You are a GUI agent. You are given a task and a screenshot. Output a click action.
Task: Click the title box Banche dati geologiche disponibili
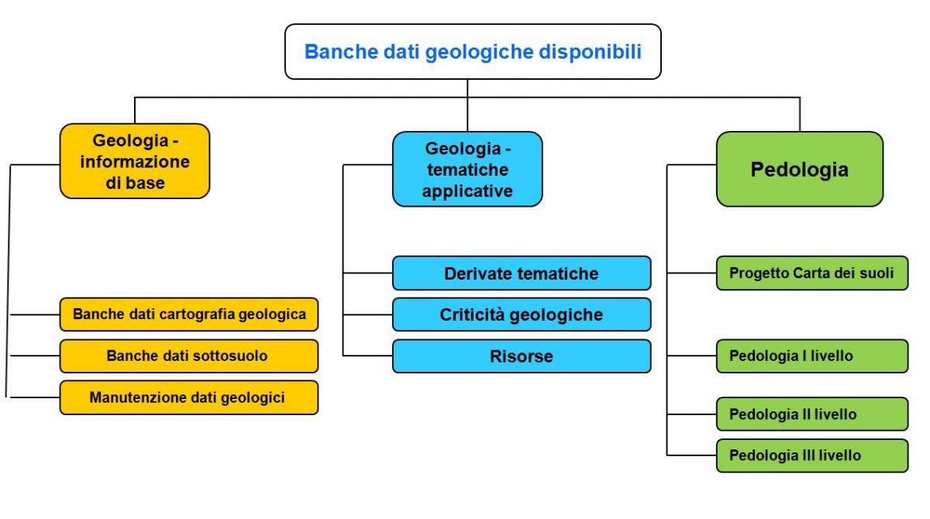point(473,51)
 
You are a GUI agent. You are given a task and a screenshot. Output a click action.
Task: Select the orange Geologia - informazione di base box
point(135,161)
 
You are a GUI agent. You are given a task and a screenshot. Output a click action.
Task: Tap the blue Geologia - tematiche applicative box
point(467,170)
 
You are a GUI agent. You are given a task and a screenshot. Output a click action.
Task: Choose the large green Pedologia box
point(800,170)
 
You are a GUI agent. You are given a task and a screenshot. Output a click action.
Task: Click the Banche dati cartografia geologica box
point(189,314)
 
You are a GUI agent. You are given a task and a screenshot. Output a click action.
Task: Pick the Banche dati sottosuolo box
point(189,356)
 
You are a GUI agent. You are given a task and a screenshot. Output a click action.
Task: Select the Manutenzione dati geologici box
point(189,397)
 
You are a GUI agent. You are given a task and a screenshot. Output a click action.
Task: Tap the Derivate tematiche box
point(522,273)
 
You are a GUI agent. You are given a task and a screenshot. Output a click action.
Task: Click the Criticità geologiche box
point(522,314)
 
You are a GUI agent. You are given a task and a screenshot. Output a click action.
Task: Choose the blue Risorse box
point(522,356)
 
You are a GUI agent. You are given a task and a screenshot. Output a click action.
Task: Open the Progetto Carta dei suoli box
point(812,273)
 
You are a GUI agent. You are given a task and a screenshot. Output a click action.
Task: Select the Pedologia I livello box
point(812,356)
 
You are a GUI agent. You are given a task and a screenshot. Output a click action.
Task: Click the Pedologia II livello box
point(812,414)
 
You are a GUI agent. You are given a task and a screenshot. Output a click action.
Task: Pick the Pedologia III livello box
point(812,455)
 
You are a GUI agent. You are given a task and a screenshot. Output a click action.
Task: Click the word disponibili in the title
point(590,52)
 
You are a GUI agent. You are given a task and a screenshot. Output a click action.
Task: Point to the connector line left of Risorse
point(368,356)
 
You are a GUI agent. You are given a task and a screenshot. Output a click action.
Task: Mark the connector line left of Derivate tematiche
point(368,273)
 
